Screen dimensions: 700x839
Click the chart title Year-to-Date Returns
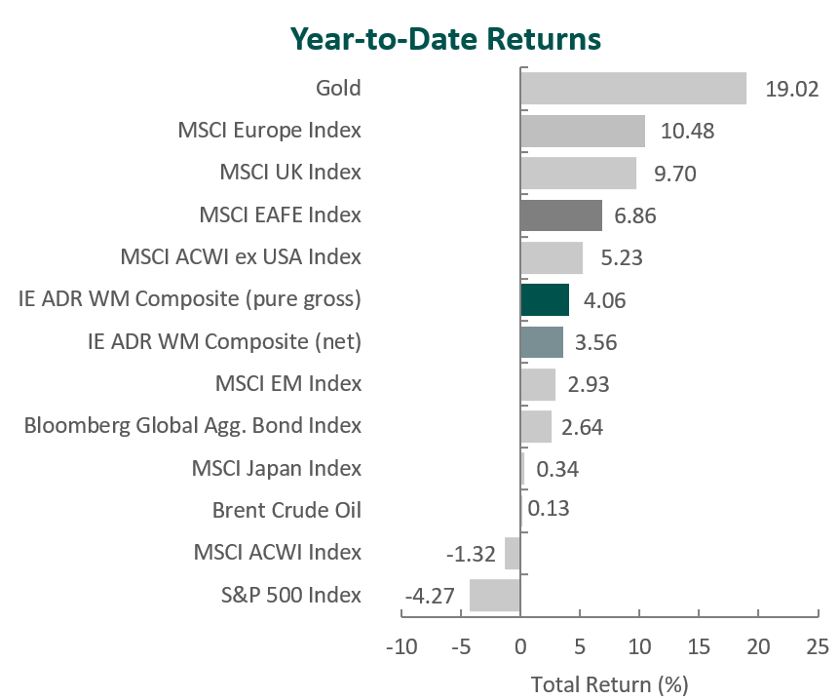[445, 39]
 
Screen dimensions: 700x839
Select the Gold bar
[633, 88]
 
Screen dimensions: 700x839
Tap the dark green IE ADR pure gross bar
[545, 299]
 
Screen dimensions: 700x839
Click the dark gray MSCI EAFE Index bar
[561, 214]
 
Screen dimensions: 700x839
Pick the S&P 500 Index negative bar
[495, 595]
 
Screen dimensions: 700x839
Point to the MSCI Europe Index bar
[583, 130]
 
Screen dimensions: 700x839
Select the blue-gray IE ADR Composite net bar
[542, 341]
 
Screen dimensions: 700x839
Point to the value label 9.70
[675, 174]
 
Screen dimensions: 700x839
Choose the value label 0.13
[549, 510]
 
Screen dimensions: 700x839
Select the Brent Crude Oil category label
[286, 510]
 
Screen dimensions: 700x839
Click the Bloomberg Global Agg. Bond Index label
[192, 425]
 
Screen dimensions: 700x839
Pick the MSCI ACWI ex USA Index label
[241, 257]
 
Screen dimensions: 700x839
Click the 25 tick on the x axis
[819, 646]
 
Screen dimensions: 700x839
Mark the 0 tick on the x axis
[520, 646]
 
